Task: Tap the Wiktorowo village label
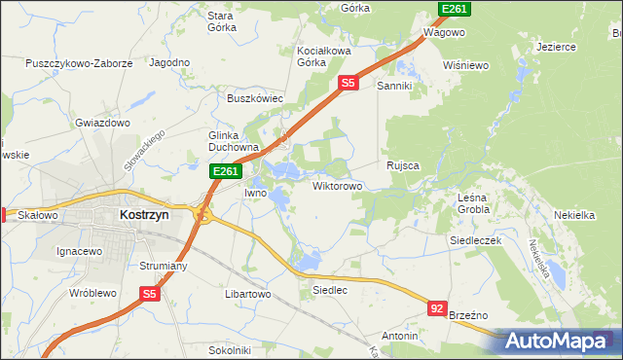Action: pyautogui.click(x=337, y=185)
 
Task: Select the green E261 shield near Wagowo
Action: pyautogui.click(x=455, y=9)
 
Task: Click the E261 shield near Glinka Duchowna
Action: pyautogui.click(x=226, y=171)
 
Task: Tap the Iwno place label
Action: pyautogui.click(x=255, y=193)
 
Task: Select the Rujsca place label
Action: pyautogui.click(x=402, y=165)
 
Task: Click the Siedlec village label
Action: pyautogui.click(x=330, y=290)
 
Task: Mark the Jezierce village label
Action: pyautogui.click(x=556, y=46)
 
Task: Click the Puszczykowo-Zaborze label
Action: pyautogui.click(x=80, y=63)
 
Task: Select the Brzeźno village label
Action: pyautogui.click(x=471, y=315)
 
